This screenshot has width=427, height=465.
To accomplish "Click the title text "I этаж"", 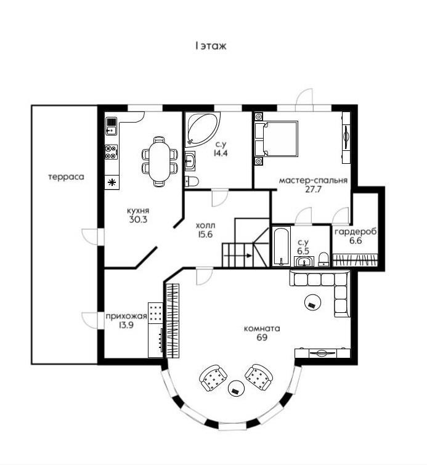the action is point(211,46).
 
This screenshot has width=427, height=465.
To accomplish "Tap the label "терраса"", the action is point(66,177).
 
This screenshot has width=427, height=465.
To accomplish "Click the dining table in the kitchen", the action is point(158,161).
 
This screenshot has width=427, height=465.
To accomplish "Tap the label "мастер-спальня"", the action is point(314,180).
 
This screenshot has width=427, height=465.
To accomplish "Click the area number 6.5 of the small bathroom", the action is point(303,251).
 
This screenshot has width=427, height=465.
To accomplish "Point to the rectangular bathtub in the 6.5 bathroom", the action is point(282,247).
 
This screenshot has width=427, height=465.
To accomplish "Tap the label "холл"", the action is point(205,225).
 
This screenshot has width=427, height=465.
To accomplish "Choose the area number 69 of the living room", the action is point(261,338).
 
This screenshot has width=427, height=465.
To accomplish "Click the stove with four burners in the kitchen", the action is point(111,152).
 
